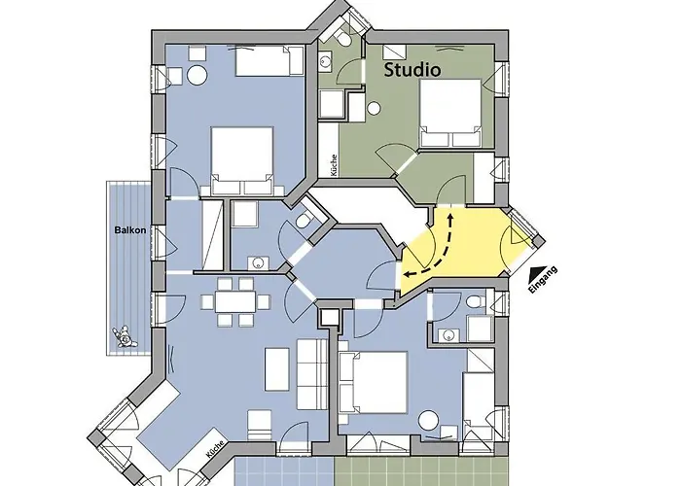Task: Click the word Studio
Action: point(412,70)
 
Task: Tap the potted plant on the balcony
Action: point(124,336)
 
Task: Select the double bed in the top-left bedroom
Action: point(243,160)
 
